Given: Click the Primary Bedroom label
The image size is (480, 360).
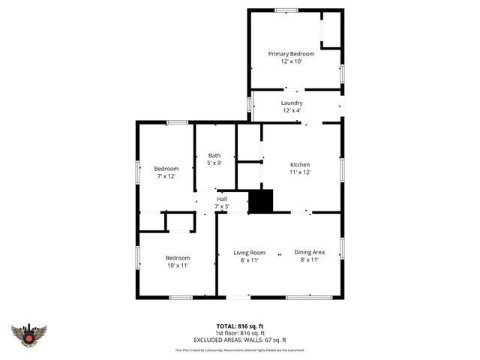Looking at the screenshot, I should pos(291,54).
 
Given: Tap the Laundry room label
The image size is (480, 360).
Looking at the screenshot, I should pos(292,103).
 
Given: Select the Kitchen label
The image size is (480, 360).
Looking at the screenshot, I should pos(300,164).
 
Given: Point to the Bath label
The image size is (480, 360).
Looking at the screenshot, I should pos(214,155).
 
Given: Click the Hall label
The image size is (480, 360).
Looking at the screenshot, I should pos(222,199).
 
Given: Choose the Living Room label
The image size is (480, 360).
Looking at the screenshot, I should pos(249,253).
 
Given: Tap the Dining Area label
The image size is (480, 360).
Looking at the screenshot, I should pos(309,253).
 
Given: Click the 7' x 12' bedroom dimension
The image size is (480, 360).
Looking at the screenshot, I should pos(166,176).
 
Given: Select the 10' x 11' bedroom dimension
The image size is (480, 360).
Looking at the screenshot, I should pos(177,265).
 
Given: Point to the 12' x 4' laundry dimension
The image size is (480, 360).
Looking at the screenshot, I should pos(292,111).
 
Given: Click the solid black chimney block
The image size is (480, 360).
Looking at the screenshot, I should pos(261,202).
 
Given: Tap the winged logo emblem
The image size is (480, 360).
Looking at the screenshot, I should pos(29,334).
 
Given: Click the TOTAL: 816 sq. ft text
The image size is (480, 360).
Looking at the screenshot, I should pos(241,325).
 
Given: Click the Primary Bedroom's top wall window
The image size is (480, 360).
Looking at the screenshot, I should pos(286,10).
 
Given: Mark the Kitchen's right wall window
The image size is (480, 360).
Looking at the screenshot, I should pos(343,168).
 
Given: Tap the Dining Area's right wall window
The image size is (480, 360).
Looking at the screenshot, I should pos(343,247).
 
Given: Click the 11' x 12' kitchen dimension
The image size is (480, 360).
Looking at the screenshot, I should pos(300,172).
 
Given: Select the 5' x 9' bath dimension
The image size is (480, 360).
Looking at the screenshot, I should pos(214,163).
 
